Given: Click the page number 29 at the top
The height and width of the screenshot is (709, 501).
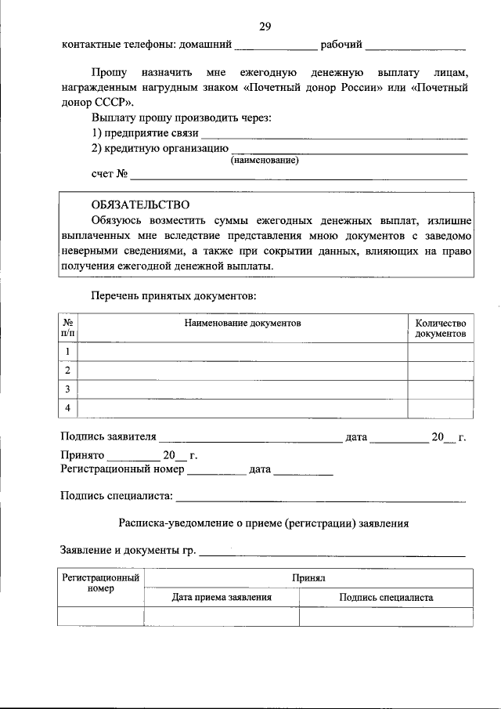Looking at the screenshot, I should (265, 27).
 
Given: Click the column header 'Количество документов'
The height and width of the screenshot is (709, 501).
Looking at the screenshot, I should (440, 328).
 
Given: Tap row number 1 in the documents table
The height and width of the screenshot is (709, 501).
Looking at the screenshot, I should (69, 352).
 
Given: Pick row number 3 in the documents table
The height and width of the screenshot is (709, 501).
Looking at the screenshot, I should (69, 389).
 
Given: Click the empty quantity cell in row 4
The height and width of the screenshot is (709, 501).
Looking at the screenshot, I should (440, 408).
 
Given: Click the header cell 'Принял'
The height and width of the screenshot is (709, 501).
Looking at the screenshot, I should (308, 578).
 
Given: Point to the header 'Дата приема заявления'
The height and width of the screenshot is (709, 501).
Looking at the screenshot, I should (222, 597).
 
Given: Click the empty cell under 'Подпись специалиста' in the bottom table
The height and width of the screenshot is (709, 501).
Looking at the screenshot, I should (386, 617).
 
